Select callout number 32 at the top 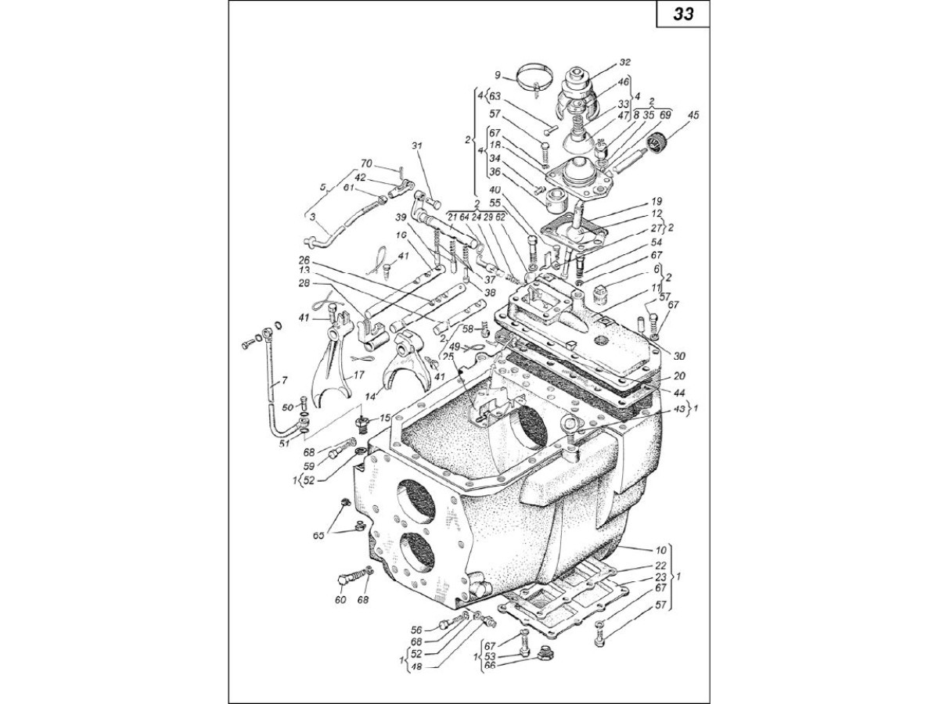coord(624,61)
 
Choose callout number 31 coord(416,145)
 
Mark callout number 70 coord(365,163)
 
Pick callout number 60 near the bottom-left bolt coord(340,600)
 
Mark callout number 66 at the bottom coord(491,665)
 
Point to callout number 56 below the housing coord(417,629)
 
